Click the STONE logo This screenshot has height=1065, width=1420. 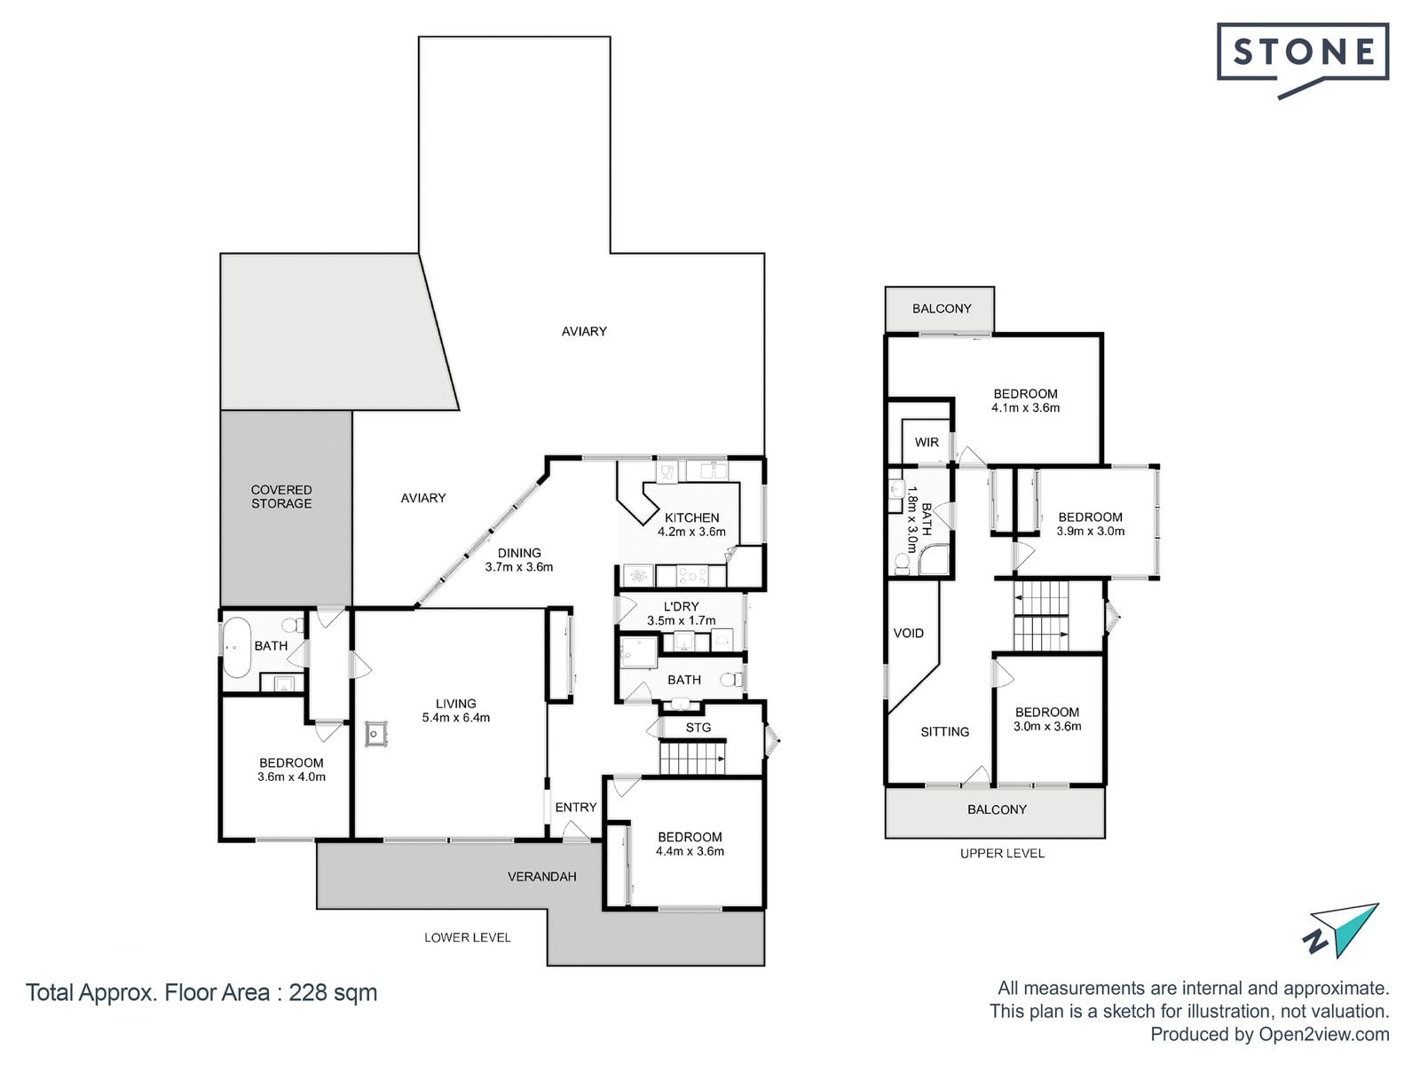tap(1303, 59)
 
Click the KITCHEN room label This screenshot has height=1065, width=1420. tap(691, 517)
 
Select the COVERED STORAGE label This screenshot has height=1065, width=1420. tap(281, 497)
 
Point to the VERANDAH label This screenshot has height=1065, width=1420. tap(541, 877)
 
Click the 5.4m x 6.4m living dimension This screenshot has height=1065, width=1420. tap(456, 717)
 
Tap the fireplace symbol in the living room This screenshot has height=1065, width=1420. tap(376, 734)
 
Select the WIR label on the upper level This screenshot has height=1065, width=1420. tap(927, 442)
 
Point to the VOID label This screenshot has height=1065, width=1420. tap(908, 633)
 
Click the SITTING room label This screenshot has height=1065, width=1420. tap(944, 732)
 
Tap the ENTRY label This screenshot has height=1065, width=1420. tap(576, 807)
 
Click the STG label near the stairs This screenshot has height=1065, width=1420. tap(698, 728)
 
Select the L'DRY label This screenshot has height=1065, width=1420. tap(682, 606)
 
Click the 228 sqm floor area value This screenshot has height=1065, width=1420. tap(333, 992)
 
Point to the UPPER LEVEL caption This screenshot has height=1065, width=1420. tap(1002, 854)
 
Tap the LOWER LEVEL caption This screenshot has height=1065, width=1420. tap(468, 937)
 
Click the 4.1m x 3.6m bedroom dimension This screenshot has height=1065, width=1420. tap(1025, 407)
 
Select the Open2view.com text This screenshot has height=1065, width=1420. tap(1323, 1034)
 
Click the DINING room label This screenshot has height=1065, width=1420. tap(519, 553)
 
